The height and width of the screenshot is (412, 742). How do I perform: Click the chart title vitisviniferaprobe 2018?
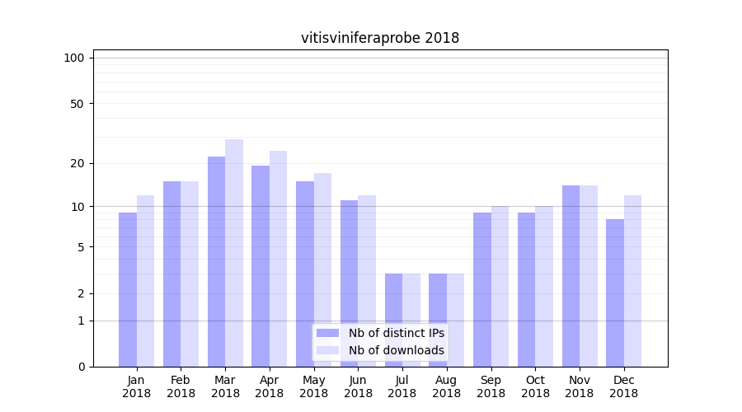coord(380,38)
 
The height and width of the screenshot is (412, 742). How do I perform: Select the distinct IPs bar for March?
coord(216,261)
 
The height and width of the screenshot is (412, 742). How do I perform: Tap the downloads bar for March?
coord(234,253)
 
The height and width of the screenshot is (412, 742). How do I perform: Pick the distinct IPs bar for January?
coord(128,289)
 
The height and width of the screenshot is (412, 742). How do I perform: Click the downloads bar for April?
coord(278,259)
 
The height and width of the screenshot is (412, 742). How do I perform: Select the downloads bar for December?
coord(632,281)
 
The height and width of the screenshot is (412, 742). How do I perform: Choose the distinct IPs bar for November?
coord(571,276)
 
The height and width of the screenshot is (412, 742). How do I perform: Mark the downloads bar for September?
coord(500,286)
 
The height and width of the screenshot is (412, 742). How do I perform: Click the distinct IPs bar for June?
coord(349,283)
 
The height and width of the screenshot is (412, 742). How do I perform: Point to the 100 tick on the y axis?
coord(74,58)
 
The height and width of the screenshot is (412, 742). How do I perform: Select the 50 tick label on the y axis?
coord(77,104)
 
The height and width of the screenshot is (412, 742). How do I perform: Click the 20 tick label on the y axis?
coord(77,163)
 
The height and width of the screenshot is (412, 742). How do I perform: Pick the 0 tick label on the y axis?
coord(81,367)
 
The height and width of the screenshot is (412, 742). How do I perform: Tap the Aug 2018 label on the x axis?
coord(446,386)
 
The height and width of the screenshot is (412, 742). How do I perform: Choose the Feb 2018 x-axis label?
coord(181,386)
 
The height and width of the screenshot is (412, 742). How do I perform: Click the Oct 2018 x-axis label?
coord(535,386)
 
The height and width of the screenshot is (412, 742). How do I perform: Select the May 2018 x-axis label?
coord(313,386)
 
